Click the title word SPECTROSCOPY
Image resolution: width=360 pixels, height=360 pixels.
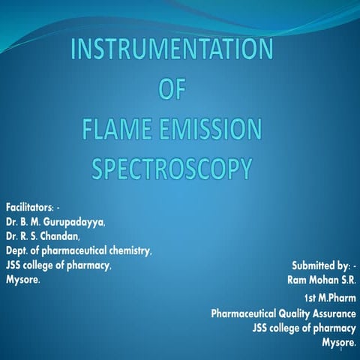click(x=171, y=169)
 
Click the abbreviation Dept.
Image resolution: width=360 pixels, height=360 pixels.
click(x=18, y=251)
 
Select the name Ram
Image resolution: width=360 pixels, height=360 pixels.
click(x=298, y=280)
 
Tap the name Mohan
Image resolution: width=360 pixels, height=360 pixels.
click(x=324, y=280)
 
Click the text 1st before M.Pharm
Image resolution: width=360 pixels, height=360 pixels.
click(x=304, y=298)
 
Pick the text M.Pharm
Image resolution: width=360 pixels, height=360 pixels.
click(x=336, y=298)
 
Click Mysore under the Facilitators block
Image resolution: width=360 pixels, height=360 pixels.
click(x=22, y=280)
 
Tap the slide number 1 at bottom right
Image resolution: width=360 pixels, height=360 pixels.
click(x=342, y=348)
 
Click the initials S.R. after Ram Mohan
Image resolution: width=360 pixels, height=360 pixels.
click(x=348, y=280)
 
